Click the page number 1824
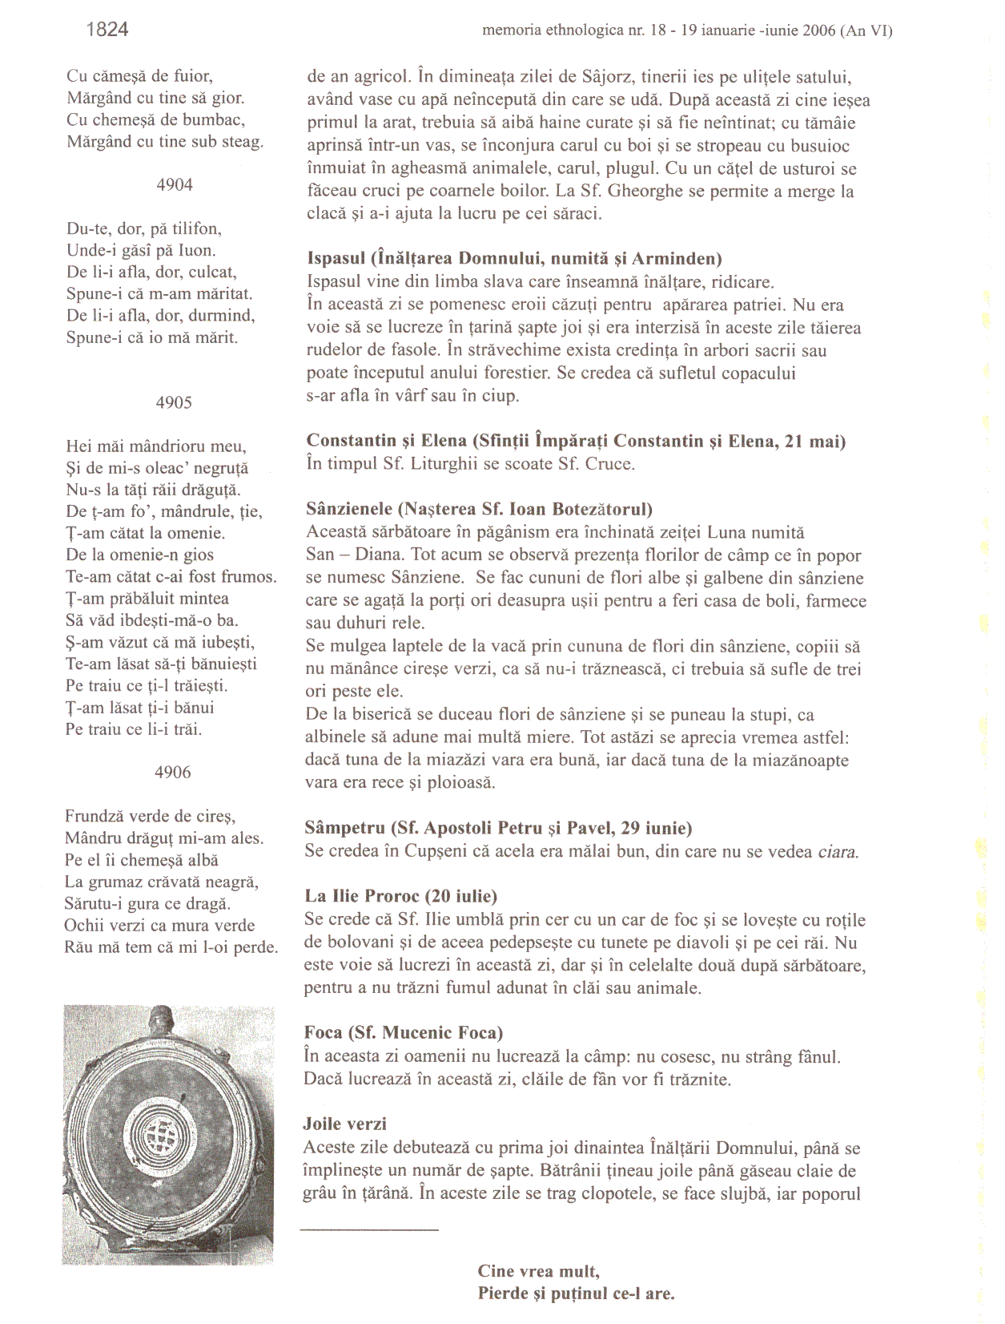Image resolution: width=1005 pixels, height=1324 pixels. (x=107, y=30)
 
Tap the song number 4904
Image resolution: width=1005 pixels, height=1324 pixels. (x=175, y=184)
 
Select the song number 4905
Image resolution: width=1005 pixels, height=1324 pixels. (x=174, y=402)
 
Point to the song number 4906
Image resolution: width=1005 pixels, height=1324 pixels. (x=173, y=772)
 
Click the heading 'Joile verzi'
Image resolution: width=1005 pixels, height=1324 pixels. (x=344, y=1124)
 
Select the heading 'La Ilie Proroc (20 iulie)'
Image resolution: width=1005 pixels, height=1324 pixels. (x=400, y=896)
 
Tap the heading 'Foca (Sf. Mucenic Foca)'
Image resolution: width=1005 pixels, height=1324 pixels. (x=403, y=1032)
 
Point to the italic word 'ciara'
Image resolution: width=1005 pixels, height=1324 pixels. (x=838, y=851)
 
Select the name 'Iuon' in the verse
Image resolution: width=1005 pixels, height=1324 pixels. (x=197, y=250)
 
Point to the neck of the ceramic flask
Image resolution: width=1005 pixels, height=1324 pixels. (x=163, y=1019)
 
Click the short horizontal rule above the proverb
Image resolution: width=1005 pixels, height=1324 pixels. (x=369, y=1229)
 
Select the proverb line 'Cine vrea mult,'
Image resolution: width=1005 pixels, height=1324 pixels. (x=538, y=1270)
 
